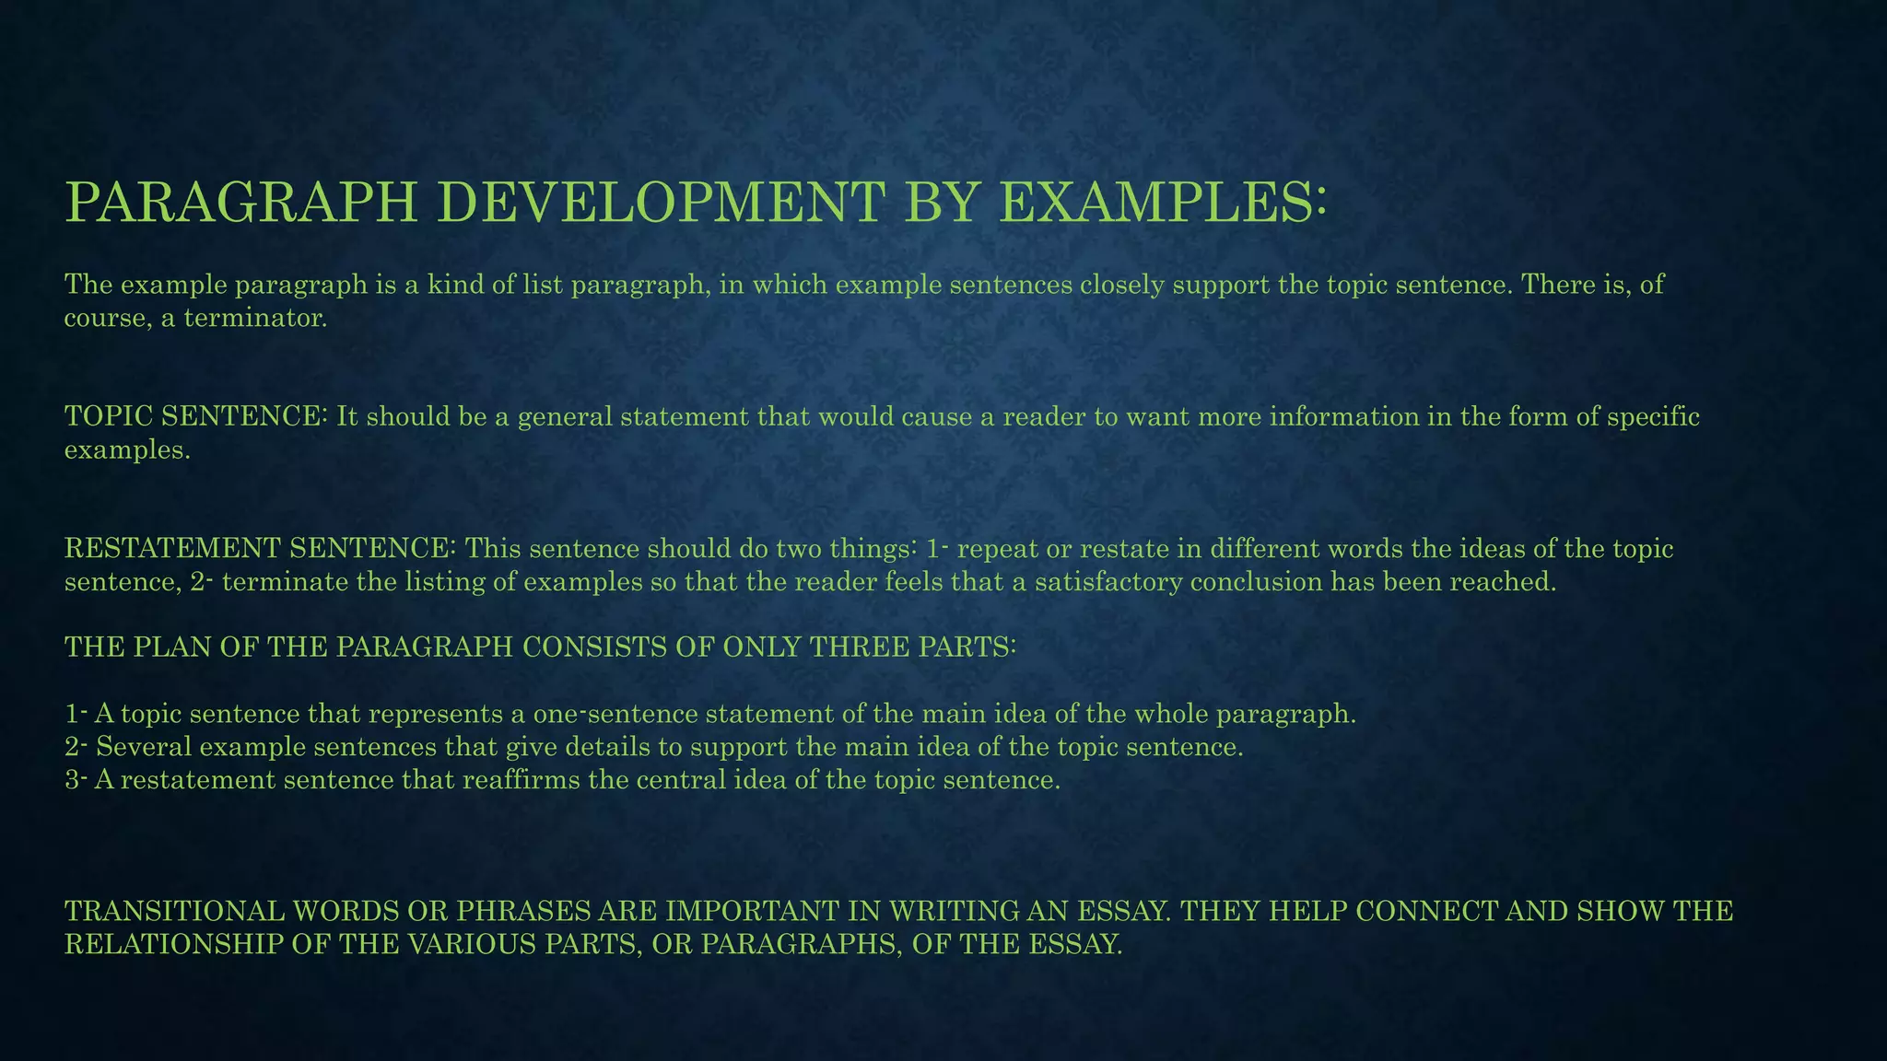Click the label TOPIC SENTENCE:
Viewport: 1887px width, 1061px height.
point(196,416)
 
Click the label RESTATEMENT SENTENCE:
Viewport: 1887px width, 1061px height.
point(260,549)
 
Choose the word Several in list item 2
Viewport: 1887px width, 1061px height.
point(143,747)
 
